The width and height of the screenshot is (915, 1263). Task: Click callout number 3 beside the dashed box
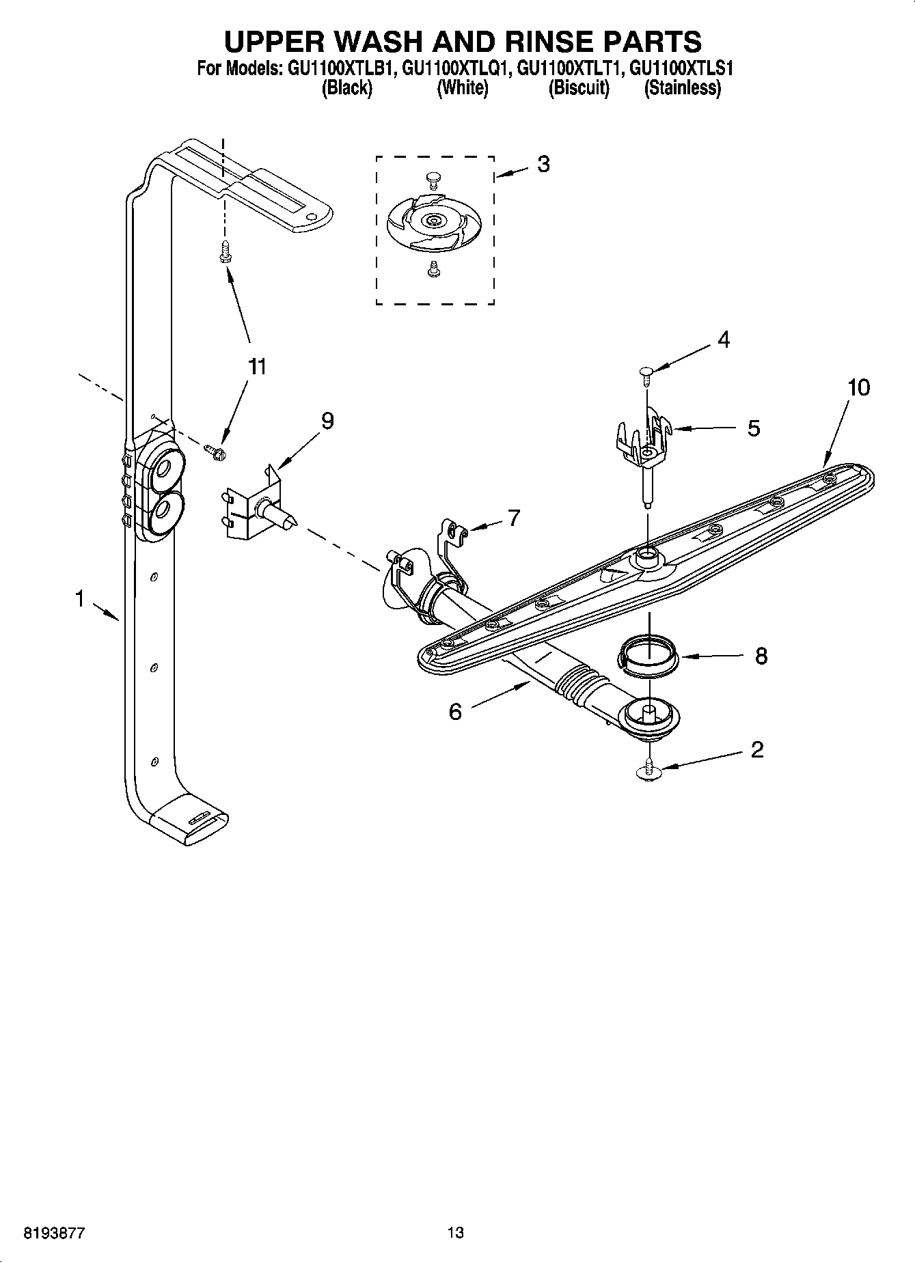pyautogui.click(x=543, y=164)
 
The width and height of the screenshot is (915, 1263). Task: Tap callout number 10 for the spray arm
pyautogui.click(x=858, y=387)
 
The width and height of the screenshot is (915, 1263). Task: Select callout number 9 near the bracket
pyautogui.click(x=327, y=421)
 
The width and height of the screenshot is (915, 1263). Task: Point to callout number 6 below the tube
pyautogui.click(x=455, y=712)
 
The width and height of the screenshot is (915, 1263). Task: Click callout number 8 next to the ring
pyautogui.click(x=761, y=656)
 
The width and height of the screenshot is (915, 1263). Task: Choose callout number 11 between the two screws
pyautogui.click(x=256, y=367)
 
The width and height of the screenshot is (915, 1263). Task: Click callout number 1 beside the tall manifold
pyautogui.click(x=80, y=599)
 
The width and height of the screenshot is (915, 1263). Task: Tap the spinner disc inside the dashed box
pyautogui.click(x=434, y=221)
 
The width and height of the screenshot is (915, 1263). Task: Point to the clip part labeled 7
pyautogui.click(x=452, y=540)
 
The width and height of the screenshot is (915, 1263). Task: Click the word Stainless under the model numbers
pyautogui.click(x=682, y=88)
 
